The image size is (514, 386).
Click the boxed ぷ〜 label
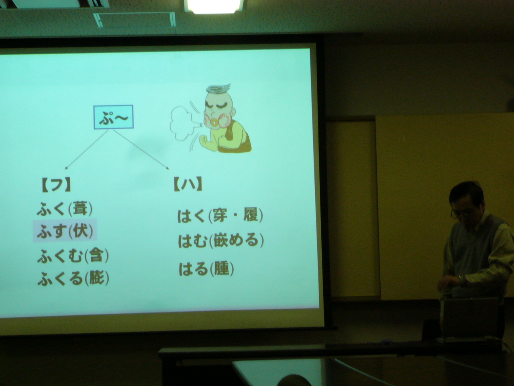click(x=114, y=117)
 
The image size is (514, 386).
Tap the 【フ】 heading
click(x=56, y=185)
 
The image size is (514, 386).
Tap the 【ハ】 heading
click(x=188, y=184)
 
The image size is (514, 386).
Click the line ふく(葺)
click(x=65, y=209)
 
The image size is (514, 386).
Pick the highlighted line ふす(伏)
click(x=65, y=231)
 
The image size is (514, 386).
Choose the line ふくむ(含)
click(x=73, y=256)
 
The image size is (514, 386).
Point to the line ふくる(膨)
click(x=73, y=278)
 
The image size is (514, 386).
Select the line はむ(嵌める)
click(x=221, y=241)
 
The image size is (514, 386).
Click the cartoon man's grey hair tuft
click(x=218, y=89)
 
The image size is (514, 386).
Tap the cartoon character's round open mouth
click(x=214, y=122)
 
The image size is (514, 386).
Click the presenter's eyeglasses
click(x=461, y=212)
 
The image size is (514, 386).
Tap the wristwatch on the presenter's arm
click(x=461, y=279)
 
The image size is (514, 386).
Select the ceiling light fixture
click(x=214, y=6)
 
